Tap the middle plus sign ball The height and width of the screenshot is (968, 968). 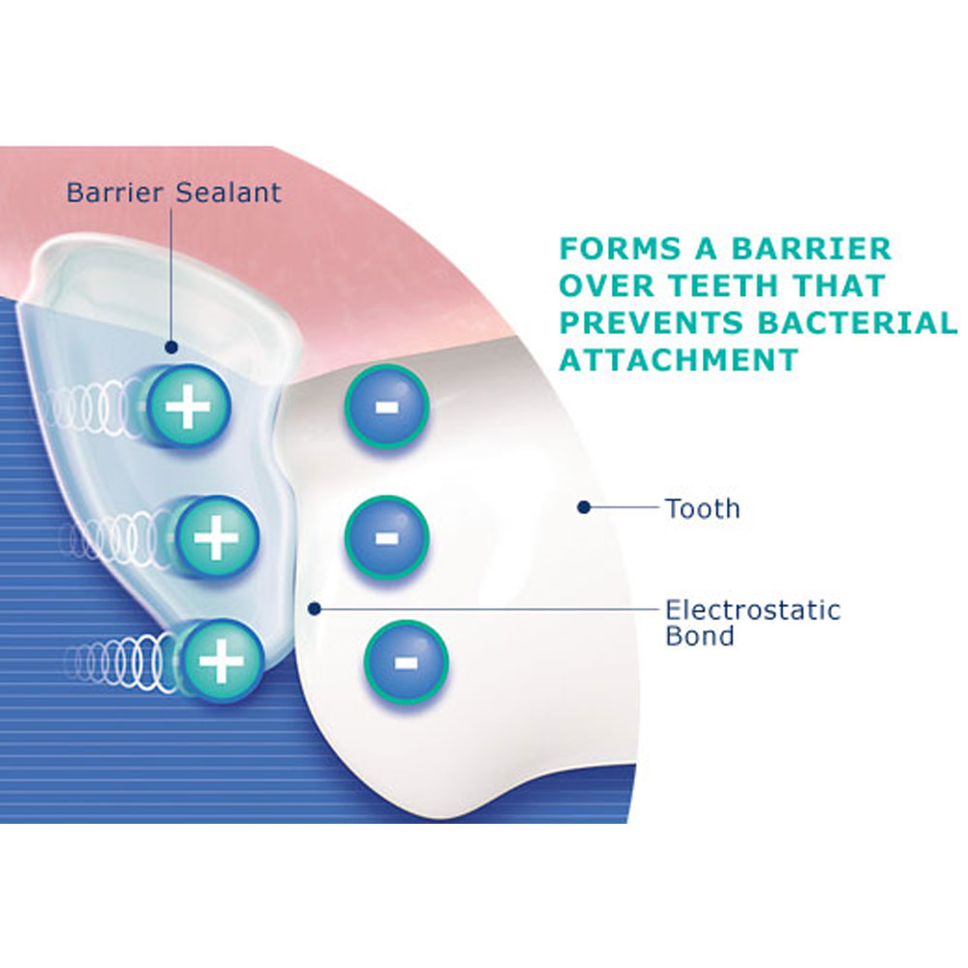point(216,536)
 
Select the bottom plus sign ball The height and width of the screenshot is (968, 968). point(222,661)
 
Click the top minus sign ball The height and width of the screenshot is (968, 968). point(385,407)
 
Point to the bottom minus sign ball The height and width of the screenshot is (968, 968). point(406,663)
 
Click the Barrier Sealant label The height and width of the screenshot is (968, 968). point(173,192)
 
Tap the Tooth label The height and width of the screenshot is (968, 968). point(702,507)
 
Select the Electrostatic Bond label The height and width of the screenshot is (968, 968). point(752,622)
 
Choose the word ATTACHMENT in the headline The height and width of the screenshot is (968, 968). point(679,359)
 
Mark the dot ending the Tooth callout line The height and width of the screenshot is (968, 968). point(583,505)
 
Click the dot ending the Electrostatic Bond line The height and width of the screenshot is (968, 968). point(314,609)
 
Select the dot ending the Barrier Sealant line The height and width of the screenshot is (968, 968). point(170,347)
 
